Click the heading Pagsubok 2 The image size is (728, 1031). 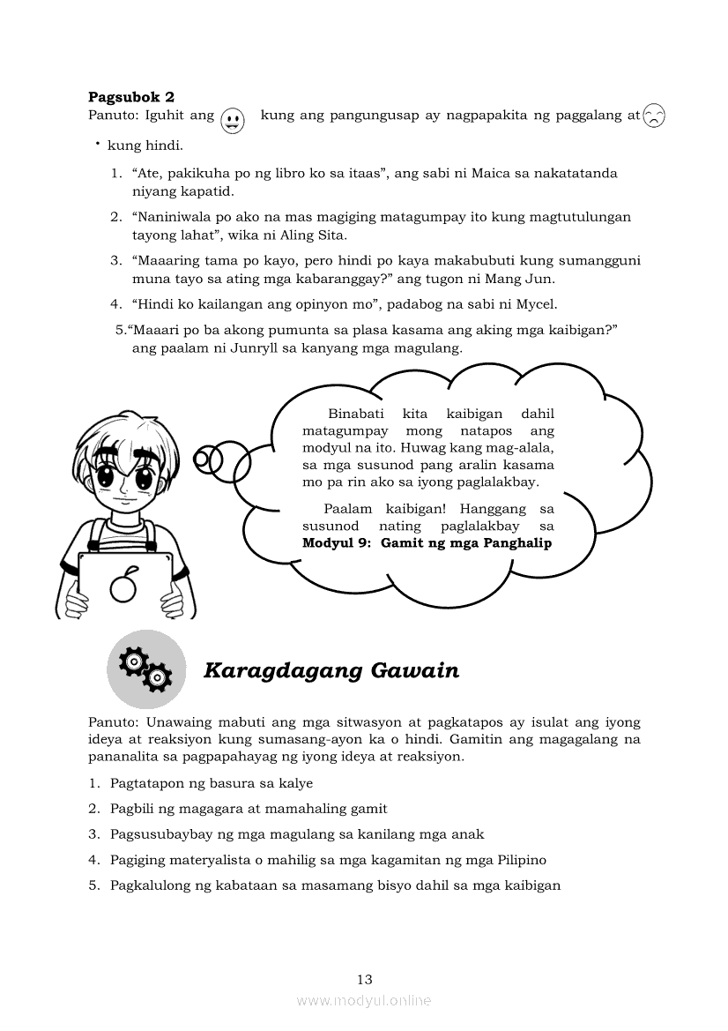tap(131, 97)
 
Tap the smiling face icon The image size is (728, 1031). tap(232, 119)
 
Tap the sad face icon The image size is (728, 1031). tap(654, 116)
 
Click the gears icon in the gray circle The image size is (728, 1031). tap(145, 669)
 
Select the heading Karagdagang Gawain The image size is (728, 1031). tap(331, 671)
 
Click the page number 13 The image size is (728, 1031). tap(365, 979)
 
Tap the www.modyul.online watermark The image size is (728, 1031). tap(364, 1000)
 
